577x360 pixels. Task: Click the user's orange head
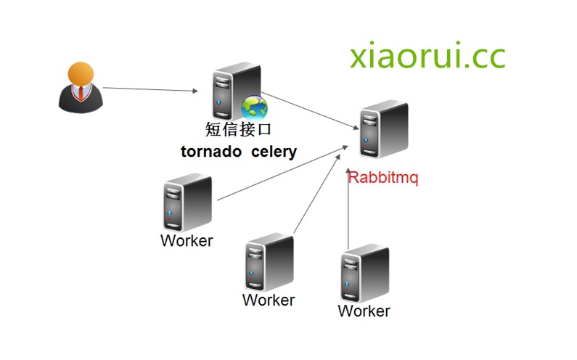pos(81,74)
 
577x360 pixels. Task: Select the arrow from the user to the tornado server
pos(150,89)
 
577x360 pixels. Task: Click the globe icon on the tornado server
pos(255,108)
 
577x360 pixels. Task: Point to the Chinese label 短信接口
pos(238,130)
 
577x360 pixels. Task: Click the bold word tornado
pos(211,152)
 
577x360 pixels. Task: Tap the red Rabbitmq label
pos(383,178)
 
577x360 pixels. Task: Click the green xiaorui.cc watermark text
pos(427,57)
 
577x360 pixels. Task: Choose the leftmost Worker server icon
pos(187,203)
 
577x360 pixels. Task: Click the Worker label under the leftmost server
pos(187,240)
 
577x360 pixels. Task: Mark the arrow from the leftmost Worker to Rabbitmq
pos(279,175)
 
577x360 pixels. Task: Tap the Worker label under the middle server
pos(269,300)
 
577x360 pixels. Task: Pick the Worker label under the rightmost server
pos(364,311)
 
